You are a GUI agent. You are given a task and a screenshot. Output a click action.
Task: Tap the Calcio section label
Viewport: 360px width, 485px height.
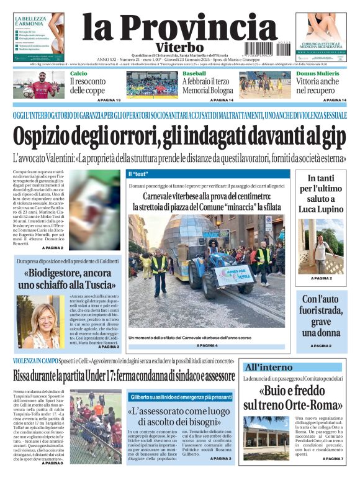(x=78, y=73)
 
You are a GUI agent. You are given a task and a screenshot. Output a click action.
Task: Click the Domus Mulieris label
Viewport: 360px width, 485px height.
(x=317, y=73)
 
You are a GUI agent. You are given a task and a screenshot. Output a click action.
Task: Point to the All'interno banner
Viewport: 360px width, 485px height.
(x=268, y=366)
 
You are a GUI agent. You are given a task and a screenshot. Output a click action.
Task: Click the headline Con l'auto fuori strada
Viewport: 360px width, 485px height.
(x=321, y=315)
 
